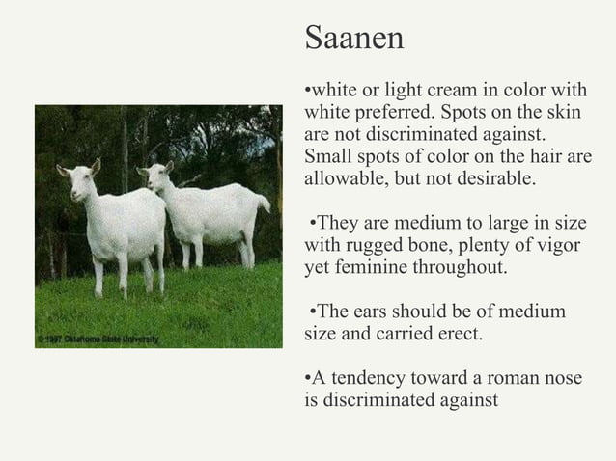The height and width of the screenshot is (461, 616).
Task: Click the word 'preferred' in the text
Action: (390, 114)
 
